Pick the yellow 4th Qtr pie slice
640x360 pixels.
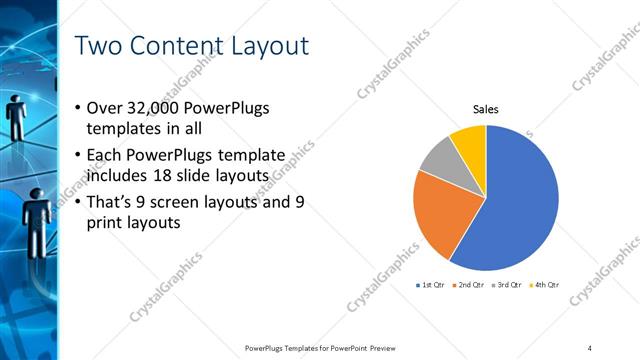470,140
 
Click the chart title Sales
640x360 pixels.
486,110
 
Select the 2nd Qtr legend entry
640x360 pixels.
470,285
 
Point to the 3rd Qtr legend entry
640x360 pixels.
507,285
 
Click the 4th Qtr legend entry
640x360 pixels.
544,285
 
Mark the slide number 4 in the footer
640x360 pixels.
590,347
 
